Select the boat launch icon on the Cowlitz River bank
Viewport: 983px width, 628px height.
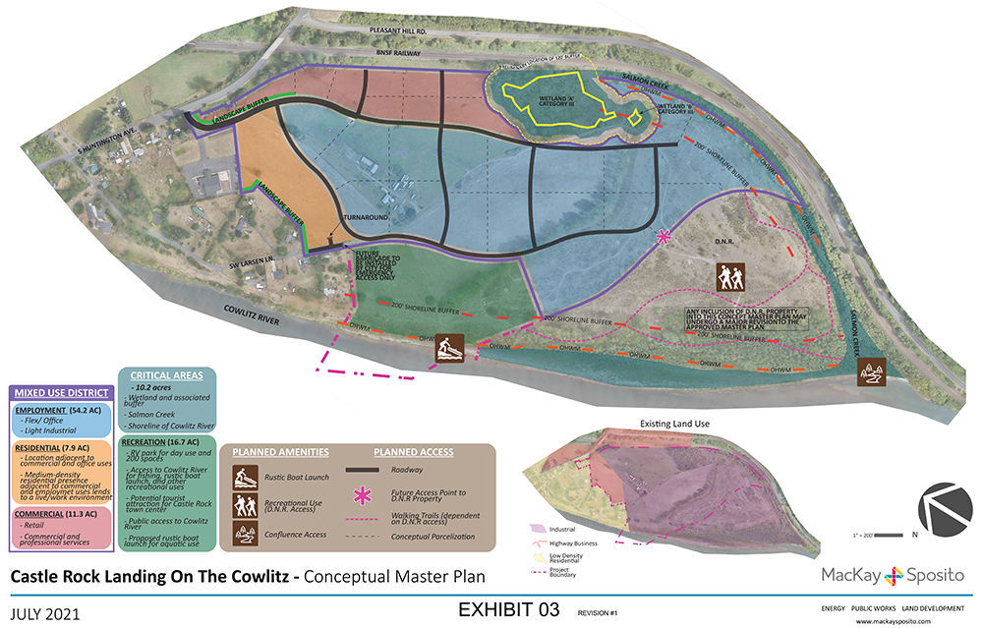(451, 348)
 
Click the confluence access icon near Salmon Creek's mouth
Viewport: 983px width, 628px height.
(871, 371)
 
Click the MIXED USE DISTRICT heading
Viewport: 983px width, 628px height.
(60, 394)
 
